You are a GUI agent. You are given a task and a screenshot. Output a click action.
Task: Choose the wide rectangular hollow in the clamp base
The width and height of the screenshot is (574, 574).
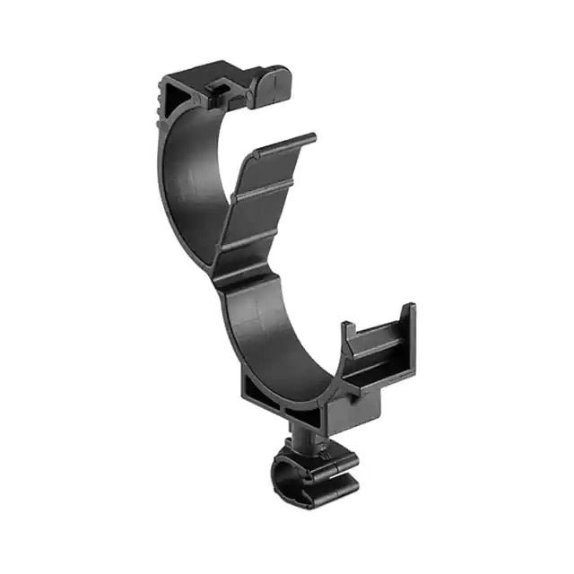[260, 392]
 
